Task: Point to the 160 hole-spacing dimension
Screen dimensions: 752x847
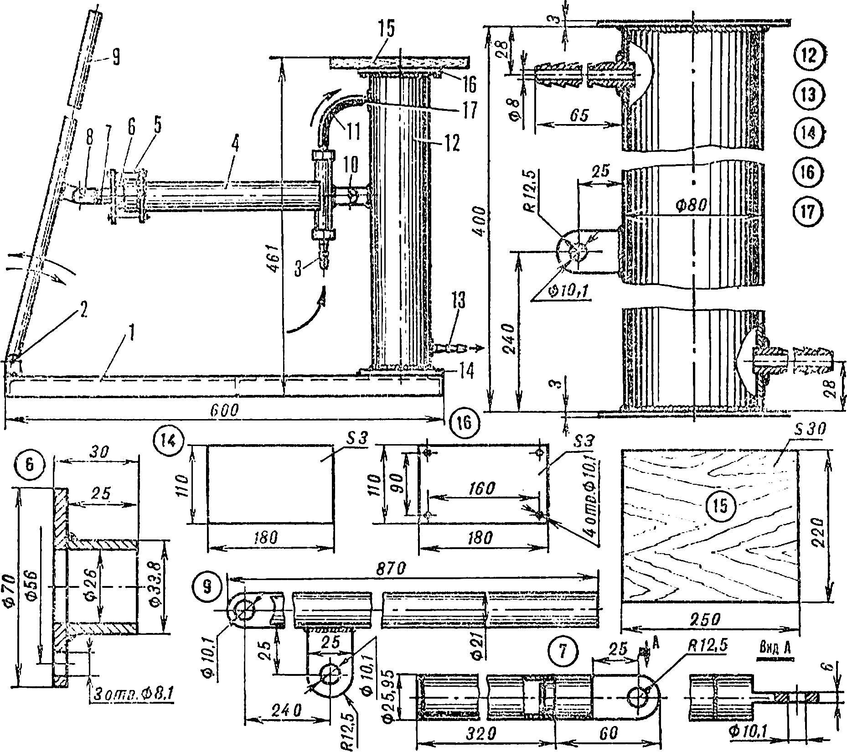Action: click(481, 488)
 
